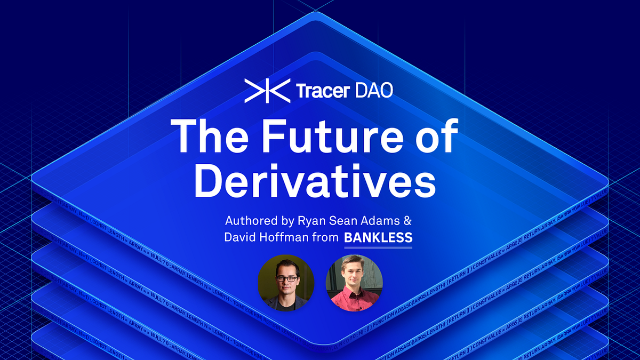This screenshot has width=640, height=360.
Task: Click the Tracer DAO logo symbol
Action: point(267,90)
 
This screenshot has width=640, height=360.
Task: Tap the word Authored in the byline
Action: point(249,220)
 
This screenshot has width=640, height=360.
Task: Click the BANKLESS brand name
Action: point(378,238)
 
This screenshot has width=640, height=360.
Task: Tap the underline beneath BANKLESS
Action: point(378,247)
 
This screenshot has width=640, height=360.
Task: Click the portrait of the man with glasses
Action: point(286,283)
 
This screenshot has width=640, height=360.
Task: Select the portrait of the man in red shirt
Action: point(354,283)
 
